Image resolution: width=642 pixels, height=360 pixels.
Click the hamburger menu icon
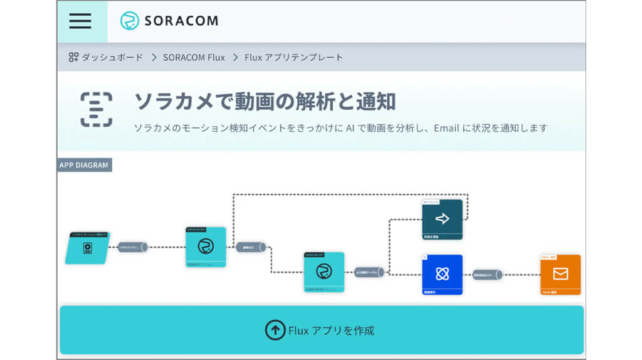pos(80,21)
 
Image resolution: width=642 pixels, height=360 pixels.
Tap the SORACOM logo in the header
pos(169,21)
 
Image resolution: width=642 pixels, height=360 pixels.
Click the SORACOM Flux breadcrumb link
pos(194,57)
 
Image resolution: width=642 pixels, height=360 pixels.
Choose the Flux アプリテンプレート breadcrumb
pos(293,57)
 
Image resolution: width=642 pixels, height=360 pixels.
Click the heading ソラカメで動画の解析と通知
pos(265,101)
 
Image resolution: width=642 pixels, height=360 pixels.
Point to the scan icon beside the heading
pos(96,110)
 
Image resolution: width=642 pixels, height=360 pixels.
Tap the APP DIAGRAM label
pos(84,165)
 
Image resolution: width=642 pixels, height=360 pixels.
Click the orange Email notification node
pos(560,274)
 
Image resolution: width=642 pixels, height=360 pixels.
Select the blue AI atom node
pos(442,274)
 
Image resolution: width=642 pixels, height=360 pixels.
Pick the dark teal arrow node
pos(442,219)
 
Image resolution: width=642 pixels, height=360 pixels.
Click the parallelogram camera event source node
pos(88,248)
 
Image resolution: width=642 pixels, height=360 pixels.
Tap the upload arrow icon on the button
pos(275,330)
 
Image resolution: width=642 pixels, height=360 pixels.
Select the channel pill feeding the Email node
pos(487,274)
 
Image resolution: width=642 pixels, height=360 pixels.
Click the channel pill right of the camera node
pos(132,247)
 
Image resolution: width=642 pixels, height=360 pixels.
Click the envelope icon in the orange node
pos(560,273)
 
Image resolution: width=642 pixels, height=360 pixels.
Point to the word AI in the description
pos(350,128)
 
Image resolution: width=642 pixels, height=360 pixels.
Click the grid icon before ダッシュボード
pos(73,57)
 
